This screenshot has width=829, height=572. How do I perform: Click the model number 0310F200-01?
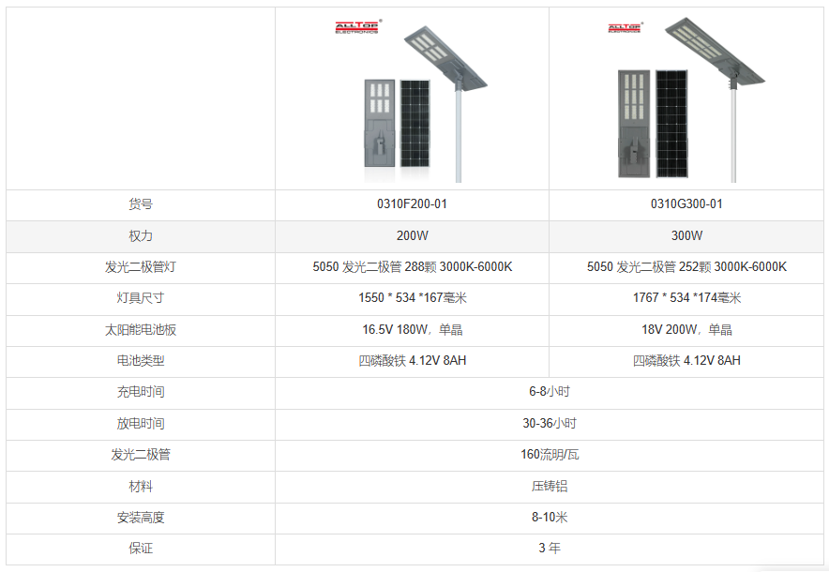point(412,204)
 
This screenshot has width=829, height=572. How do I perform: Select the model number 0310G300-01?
point(686,204)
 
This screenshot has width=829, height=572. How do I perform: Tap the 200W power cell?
point(413,235)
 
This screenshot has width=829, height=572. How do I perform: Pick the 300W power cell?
point(686,235)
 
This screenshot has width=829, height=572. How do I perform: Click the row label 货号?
point(141,204)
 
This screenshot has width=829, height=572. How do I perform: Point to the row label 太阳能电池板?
point(141,330)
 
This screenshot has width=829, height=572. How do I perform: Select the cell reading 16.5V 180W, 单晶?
point(413,330)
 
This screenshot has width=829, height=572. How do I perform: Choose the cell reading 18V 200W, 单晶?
point(686,330)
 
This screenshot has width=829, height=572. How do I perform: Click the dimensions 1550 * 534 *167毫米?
point(413,298)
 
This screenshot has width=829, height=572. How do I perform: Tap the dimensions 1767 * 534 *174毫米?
point(686,298)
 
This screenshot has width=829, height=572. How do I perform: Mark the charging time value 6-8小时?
point(550,392)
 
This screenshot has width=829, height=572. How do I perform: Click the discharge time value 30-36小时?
point(550,424)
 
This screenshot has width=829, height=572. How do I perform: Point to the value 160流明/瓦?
point(550,455)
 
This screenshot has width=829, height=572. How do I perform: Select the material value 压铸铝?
point(550,487)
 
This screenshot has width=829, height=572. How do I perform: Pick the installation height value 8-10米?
point(550,518)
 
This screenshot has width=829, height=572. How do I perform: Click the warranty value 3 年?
point(550,549)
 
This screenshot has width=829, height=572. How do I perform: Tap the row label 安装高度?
point(141,518)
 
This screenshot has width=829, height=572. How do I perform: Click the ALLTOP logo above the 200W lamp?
point(358,27)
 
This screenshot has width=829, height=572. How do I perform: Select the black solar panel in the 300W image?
point(672,124)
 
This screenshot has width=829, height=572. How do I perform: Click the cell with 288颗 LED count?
point(413,267)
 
